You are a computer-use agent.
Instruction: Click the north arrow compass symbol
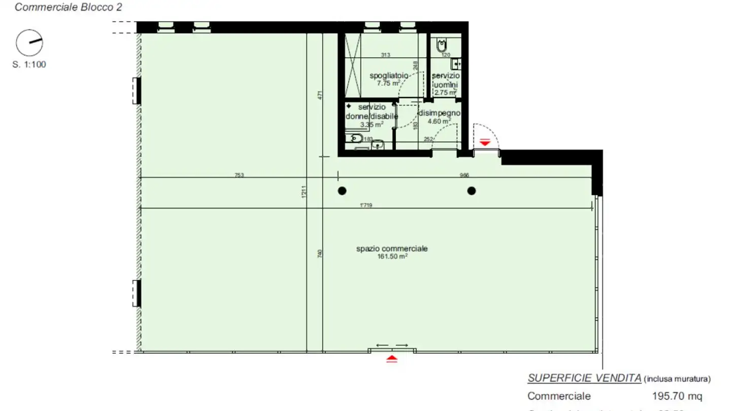[x=29, y=43]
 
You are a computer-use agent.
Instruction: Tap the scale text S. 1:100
[x=29, y=64]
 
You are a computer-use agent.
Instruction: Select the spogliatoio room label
[x=389, y=76]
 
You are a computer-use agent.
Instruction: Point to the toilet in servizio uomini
[x=440, y=47]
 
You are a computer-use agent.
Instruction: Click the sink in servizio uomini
[x=456, y=64]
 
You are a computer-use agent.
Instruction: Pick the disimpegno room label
[x=439, y=113]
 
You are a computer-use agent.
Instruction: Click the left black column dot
[x=343, y=191]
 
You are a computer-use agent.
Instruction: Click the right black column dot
[x=472, y=191]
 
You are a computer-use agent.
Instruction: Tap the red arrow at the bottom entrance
[x=392, y=359]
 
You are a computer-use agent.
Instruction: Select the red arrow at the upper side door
[x=485, y=143]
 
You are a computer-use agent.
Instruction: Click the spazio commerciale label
[x=392, y=249]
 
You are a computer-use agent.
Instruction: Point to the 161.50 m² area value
[x=392, y=257]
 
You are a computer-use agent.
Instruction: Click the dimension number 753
[x=239, y=175]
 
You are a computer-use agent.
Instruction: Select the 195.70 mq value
[x=677, y=396]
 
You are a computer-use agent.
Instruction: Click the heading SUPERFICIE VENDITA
[x=584, y=378]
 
